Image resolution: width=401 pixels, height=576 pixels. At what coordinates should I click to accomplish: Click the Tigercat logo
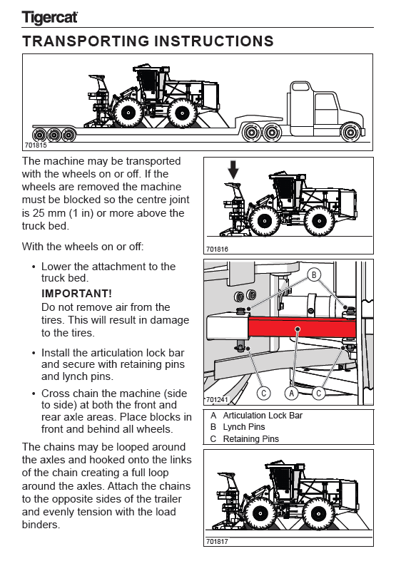50,18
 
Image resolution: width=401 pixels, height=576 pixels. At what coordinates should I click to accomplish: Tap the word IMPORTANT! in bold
76,294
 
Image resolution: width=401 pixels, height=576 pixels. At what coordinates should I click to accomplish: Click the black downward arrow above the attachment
233,170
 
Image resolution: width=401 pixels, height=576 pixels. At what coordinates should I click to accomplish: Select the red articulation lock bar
302,327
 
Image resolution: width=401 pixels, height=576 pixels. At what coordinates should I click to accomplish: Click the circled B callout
314,274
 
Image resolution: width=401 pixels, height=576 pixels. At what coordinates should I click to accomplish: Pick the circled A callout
292,393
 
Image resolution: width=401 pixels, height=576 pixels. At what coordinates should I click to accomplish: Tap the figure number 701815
36,145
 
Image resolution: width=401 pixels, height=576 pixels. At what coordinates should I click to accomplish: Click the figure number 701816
217,249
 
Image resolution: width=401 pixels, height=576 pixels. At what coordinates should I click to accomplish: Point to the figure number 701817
217,541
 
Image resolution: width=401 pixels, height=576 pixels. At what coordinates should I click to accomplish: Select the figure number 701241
217,399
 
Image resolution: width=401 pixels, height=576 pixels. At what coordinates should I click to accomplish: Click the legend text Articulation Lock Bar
263,416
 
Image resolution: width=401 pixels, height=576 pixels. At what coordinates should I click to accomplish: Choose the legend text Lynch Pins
244,427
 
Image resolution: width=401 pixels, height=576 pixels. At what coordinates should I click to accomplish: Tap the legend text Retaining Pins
250,438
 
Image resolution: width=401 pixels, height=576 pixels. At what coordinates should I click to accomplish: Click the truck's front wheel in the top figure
350,133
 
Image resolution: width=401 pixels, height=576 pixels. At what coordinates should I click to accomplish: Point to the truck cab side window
326,109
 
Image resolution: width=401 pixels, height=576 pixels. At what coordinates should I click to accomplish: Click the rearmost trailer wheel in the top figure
39,135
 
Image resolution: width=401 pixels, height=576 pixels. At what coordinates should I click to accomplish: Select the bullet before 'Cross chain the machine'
34,394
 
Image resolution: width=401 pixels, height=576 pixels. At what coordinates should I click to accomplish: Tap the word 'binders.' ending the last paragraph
41,525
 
